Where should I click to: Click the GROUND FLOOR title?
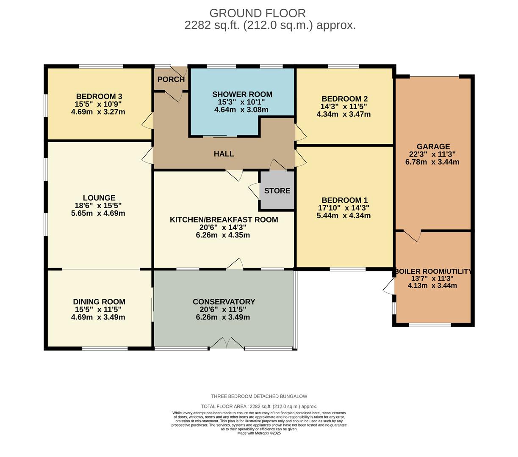[x=257, y=13]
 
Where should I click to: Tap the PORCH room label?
[x=171, y=80]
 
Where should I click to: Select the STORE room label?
[x=277, y=191]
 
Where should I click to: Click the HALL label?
[x=224, y=154]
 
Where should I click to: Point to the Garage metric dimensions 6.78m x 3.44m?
[x=432, y=162]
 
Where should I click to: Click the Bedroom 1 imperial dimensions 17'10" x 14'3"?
[x=343, y=208]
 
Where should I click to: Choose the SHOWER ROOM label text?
[x=242, y=94]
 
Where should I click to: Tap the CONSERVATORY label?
[x=224, y=302]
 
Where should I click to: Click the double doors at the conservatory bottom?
[x=227, y=343]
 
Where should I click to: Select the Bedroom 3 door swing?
[x=147, y=121]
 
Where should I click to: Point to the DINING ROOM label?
[x=99, y=302]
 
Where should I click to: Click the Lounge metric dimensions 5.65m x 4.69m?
[x=98, y=213]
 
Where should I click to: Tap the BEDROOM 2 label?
[x=345, y=99]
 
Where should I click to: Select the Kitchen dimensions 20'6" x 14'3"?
[x=223, y=227]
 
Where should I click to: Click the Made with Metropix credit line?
[x=259, y=433]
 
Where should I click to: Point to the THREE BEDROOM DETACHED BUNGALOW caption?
[x=259, y=396]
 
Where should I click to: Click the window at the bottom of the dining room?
[x=105, y=348]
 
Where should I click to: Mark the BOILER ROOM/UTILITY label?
[x=433, y=271]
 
